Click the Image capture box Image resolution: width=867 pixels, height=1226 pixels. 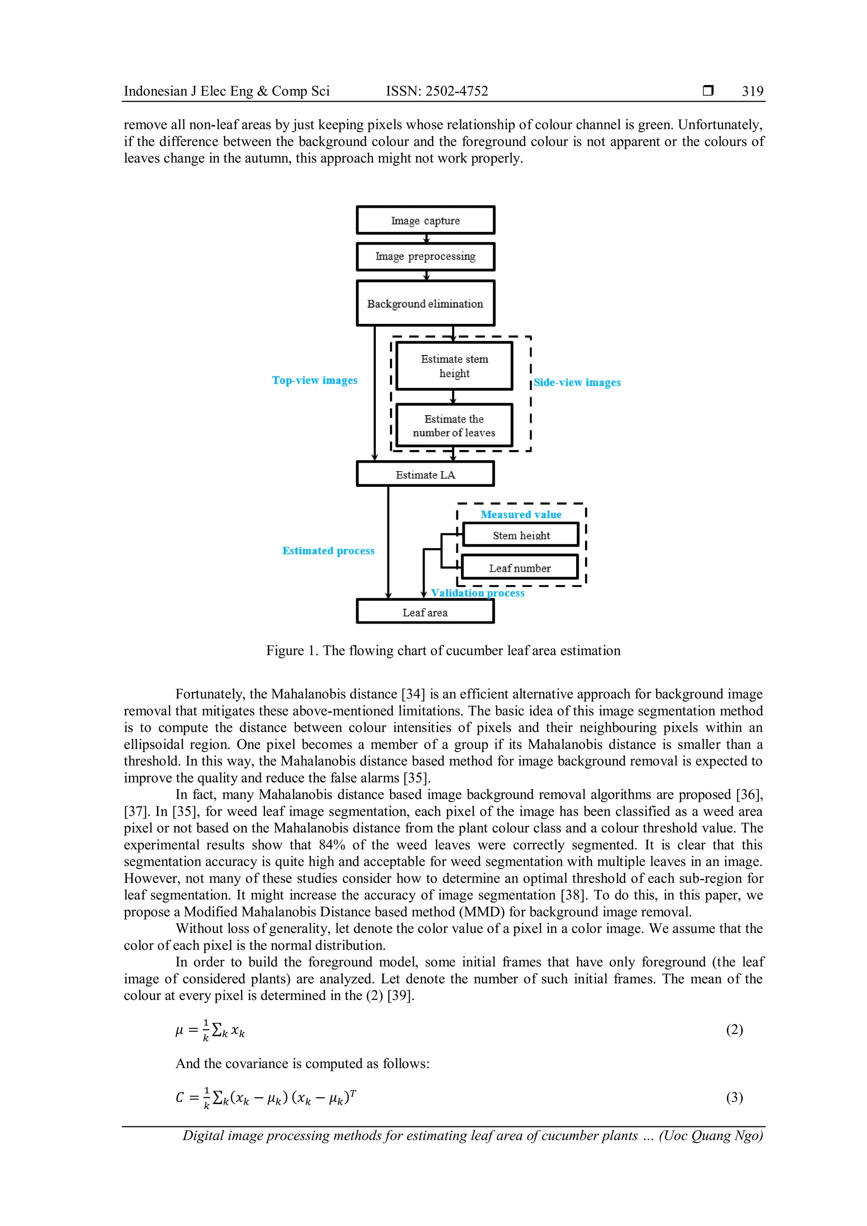[425, 220]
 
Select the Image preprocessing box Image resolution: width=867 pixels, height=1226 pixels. [425, 256]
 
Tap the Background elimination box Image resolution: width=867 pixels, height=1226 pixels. [425, 303]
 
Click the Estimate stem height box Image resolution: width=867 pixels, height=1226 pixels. [454, 366]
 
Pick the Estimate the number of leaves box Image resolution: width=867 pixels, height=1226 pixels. [454, 425]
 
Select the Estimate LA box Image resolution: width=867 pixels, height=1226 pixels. [425, 474]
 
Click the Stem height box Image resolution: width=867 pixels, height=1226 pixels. [521, 535]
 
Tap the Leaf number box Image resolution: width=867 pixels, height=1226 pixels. [519, 568]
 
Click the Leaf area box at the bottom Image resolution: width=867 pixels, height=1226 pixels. [425, 612]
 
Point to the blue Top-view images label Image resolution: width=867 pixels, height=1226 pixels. [315, 380]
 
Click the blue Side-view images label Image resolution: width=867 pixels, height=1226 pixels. [577, 382]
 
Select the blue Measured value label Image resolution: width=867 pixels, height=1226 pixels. [521, 514]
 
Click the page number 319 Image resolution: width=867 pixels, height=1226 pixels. [752, 91]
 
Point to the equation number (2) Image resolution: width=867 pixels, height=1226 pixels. [734, 1030]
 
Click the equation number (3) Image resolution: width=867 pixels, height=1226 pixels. [734, 1097]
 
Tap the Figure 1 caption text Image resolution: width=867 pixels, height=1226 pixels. [443, 650]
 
